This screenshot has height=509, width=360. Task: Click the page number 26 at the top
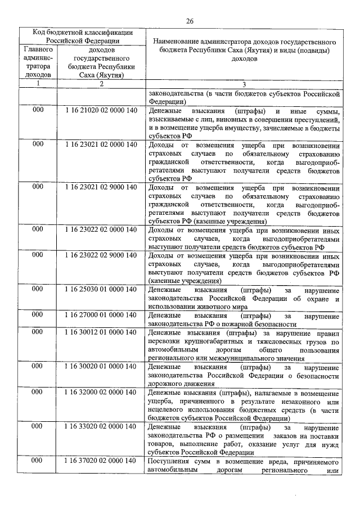click(x=190, y=21)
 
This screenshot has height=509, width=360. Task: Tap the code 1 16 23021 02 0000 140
click(x=101, y=145)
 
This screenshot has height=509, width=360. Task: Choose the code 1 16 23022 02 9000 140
click(x=101, y=255)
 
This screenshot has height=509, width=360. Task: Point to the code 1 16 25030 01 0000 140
click(x=101, y=289)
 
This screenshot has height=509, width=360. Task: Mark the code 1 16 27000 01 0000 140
click(x=101, y=315)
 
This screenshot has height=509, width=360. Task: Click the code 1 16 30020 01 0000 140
click(x=101, y=366)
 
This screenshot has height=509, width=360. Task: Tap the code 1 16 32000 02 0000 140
click(x=101, y=391)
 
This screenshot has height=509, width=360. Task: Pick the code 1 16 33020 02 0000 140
click(x=101, y=426)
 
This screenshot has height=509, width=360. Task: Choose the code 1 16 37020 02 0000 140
click(x=101, y=461)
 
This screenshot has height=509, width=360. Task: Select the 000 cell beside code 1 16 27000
click(x=38, y=315)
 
